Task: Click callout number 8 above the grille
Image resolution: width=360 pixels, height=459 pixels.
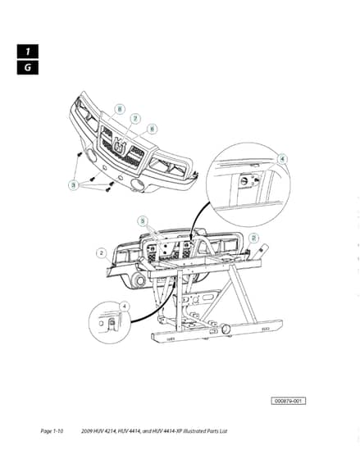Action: tap(120, 110)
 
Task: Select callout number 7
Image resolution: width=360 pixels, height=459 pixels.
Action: tap(135, 119)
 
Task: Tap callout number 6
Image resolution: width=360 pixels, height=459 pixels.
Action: tap(152, 129)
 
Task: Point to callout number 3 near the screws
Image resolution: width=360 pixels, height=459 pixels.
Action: tap(74, 185)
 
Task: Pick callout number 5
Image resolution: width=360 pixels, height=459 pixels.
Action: tap(143, 220)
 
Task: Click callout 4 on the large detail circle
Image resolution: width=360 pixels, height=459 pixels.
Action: tap(282, 159)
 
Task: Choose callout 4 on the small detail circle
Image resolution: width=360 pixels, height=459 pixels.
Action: tap(125, 307)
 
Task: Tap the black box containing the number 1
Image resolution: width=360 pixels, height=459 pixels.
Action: tap(28, 52)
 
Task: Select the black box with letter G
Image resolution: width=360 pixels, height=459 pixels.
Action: tap(28, 67)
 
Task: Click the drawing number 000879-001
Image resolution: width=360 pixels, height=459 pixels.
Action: tap(288, 401)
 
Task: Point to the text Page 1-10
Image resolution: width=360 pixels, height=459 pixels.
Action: tap(52, 431)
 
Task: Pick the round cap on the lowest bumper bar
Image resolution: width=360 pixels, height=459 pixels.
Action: tap(226, 329)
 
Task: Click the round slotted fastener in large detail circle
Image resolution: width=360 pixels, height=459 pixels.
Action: tap(244, 181)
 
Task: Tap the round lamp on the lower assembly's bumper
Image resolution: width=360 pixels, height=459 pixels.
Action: tap(139, 280)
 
